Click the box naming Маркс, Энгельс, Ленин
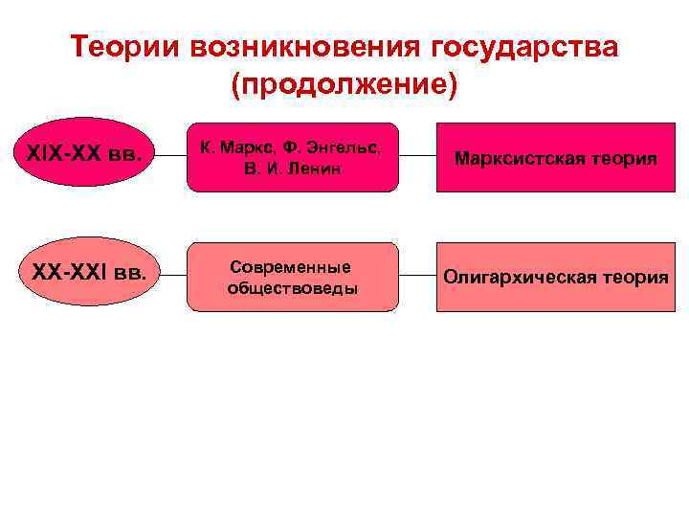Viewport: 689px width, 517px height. pos(292,156)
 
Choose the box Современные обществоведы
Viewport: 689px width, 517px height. pos(292,276)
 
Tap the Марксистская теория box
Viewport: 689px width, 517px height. pos(556,157)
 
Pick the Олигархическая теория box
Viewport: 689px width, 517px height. pos(556,277)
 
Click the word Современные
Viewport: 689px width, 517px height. pos(291,266)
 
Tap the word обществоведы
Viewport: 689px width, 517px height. pos(292,287)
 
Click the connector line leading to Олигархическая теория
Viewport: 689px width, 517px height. pos(417,276)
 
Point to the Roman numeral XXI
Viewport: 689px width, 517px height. pos(86,273)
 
